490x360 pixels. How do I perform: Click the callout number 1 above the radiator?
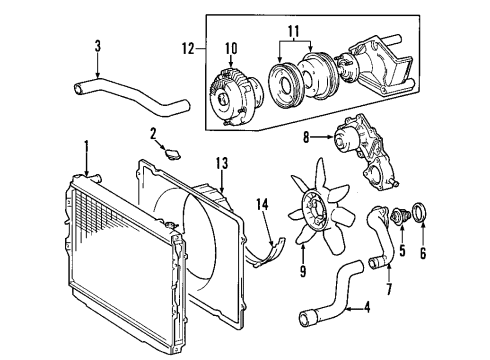pos(87,146)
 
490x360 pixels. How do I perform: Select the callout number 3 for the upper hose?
pos(97,45)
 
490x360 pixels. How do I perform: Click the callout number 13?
pos(222,162)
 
